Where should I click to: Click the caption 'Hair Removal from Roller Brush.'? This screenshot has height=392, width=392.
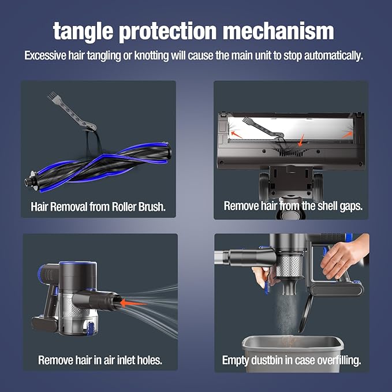click(x=99, y=206)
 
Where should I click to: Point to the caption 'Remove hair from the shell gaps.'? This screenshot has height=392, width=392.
click(x=293, y=206)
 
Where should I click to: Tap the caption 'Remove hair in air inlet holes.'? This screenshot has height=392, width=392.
click(x=100, y=360)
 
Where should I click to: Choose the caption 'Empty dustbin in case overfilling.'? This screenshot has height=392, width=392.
click(x=292, y=360)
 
